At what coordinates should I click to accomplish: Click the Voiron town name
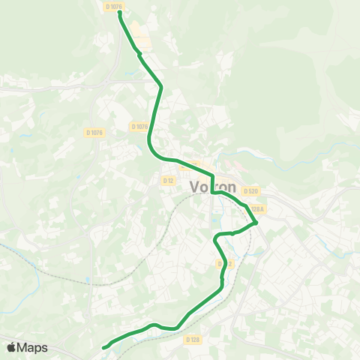pos(213,187)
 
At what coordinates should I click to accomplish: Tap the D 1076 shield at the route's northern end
pos(114,6)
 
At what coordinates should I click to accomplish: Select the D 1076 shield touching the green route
pos(139,127)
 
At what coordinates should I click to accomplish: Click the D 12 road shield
pos(168,180)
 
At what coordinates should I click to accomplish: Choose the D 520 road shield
pos(250,191)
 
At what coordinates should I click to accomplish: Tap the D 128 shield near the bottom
pos(193,339)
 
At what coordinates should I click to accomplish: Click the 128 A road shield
pos(258,209)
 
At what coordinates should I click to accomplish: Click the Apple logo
pos(12,347)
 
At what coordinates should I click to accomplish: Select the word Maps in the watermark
pos(33,347)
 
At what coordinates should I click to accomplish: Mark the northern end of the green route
pos(120,12)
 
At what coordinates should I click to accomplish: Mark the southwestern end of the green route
pos(103,347)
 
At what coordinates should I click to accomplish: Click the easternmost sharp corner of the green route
pos(256,222)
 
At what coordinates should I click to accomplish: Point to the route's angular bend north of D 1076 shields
pos(160,86)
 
